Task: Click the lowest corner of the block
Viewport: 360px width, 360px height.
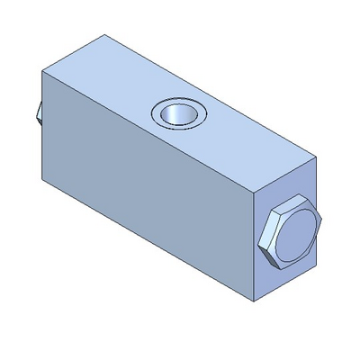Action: coord(254,301)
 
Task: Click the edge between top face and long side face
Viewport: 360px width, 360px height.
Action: coord(148,134)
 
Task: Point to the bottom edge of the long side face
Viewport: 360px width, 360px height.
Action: coord(148,241)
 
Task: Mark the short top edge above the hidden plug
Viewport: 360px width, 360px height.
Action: coord(73,54)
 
